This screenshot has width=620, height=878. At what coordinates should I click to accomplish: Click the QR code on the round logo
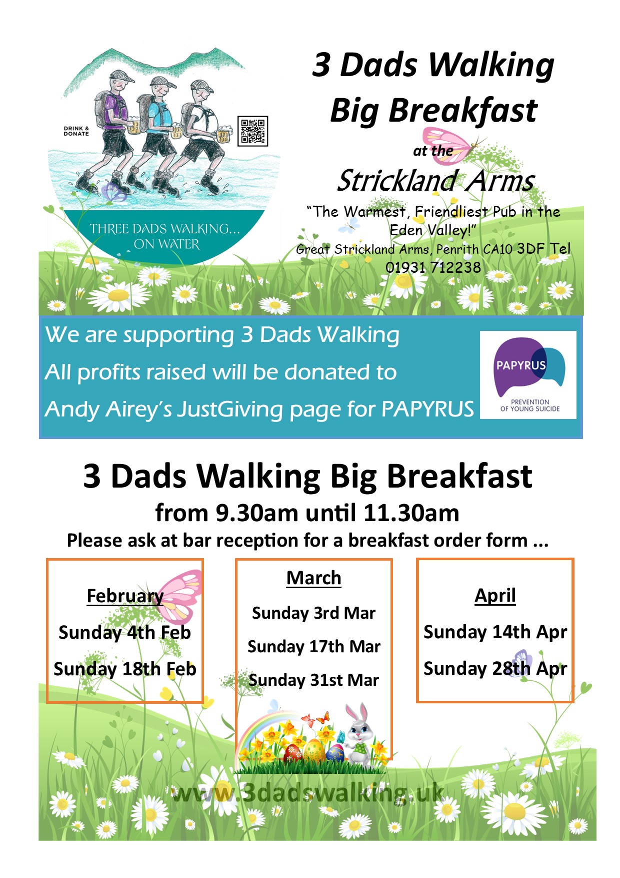253,131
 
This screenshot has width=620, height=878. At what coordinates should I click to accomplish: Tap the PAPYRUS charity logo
528,375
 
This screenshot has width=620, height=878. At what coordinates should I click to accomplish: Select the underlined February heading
125,597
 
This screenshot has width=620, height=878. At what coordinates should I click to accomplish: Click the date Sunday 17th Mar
314,647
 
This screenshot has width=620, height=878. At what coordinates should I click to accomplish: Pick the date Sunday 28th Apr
495,669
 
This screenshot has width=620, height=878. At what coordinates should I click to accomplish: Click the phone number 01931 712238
433,267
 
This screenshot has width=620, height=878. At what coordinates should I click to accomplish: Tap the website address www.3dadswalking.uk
307,793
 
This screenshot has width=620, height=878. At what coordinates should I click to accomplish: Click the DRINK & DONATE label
76,131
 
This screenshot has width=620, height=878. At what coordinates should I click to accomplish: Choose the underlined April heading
495,596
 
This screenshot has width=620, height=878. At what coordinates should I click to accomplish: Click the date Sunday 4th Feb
124,633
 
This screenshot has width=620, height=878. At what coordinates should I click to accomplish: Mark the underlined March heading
314,578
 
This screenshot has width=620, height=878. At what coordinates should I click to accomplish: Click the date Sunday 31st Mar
314,680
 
